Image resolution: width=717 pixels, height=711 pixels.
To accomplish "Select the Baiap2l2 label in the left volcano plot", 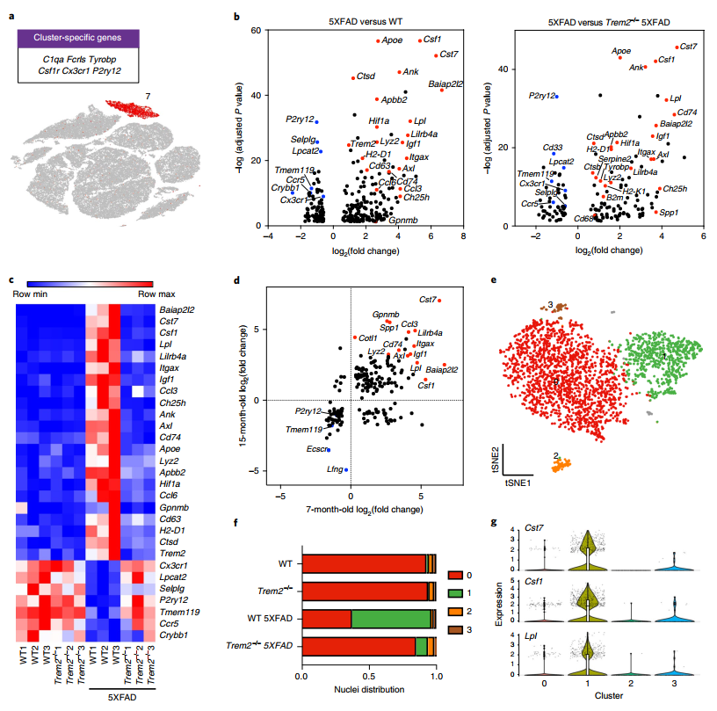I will pos(446,84).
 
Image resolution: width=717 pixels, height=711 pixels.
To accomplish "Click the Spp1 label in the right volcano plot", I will pos(670,213).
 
